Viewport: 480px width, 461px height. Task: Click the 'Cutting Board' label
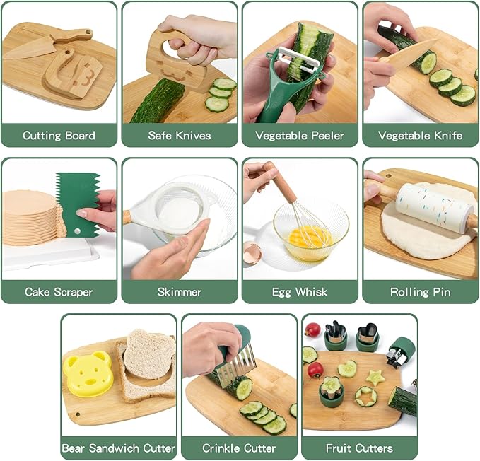pyautogui.click(x=59, y=135)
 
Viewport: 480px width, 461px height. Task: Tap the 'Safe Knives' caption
pyautogui.click(x=180, y=135)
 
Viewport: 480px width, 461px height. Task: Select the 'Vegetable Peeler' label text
pyautogui.click(x=300, y=135)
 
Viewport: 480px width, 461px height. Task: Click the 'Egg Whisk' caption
pyautogui.click(x=300, y=291)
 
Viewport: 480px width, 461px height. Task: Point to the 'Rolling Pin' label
pyautogui.click(x=421, y=291)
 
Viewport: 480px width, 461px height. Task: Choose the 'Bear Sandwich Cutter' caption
pyautogui.click(x=119, y=448)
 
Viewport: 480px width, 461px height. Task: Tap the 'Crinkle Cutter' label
pyautogui.click(x=239, y=448)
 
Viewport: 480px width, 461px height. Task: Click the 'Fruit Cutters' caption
pyautogui.click(x=359, y=448)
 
